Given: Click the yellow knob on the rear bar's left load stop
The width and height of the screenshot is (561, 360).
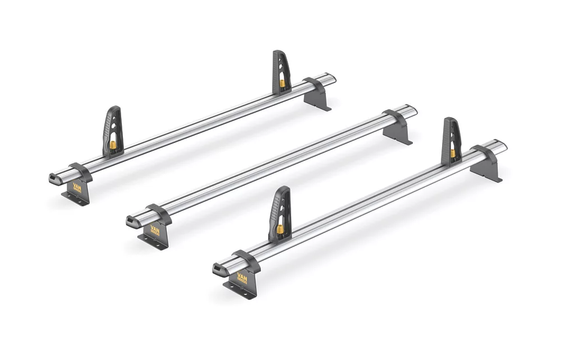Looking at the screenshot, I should (x=113, y=145).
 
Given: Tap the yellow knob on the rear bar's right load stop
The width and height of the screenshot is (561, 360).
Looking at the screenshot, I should (x=282, y=83).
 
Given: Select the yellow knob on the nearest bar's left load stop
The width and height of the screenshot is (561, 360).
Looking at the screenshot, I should (x=279, y=229).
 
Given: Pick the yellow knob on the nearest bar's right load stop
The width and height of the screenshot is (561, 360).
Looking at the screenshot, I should (x=452, y=153).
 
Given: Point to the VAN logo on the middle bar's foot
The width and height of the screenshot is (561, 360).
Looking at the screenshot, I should (x=155, y=230).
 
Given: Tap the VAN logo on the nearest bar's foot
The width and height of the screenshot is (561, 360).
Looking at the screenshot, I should (x=242, y=277).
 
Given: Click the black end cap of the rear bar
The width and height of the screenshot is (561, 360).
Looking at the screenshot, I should (x=55, y=179).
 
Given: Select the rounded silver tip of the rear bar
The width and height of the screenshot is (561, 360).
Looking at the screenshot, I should (x=332, y=76).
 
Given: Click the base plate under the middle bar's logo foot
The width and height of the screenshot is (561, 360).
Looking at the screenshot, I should (x=154, y=242).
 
